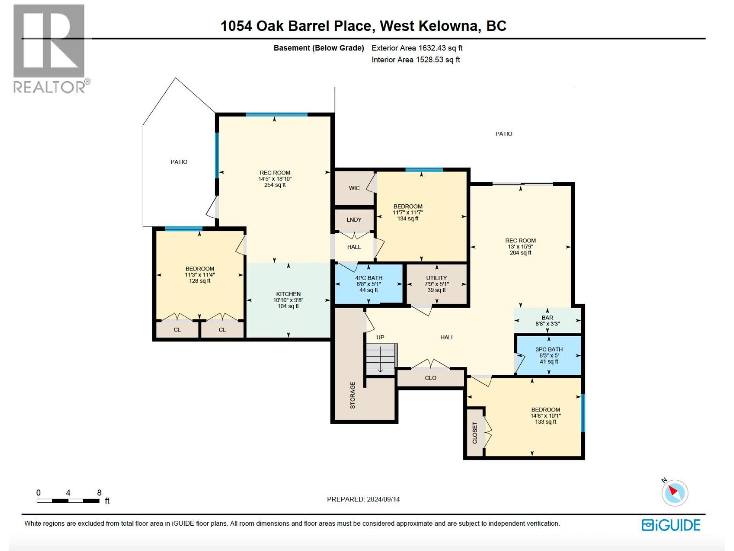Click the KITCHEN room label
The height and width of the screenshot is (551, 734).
tap(288, 294)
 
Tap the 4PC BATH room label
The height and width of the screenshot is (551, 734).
tap(368, 278)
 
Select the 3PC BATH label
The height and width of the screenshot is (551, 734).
tap(549, 349)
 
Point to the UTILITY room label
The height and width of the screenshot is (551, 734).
tap(436, 278)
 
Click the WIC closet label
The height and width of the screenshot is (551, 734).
tap(354, 188)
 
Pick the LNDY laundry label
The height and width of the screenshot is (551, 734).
tap(354, 219)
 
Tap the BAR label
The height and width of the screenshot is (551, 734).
tap(547, 318)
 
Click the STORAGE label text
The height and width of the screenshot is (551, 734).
tap(353, 395)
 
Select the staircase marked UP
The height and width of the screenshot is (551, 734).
tap(381, 358)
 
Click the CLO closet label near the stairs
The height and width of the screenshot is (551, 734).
tap(430, 378)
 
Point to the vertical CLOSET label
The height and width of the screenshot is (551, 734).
tap(475, 433)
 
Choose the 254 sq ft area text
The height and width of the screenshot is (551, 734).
tap(275, 185)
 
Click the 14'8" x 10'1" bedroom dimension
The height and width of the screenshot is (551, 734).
tap(545, 416)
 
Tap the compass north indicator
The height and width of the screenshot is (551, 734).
tap(674, 492)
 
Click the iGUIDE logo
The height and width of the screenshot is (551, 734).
tap(671, 525)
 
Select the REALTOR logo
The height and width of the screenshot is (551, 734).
tap(49, 48)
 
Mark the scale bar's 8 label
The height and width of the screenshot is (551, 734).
tap(99, 493)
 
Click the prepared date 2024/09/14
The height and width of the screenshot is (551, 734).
tap(383, 499)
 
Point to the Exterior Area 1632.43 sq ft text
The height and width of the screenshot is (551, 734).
tap(417, 48)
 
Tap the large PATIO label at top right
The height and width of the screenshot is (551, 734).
tap(504, 134)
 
